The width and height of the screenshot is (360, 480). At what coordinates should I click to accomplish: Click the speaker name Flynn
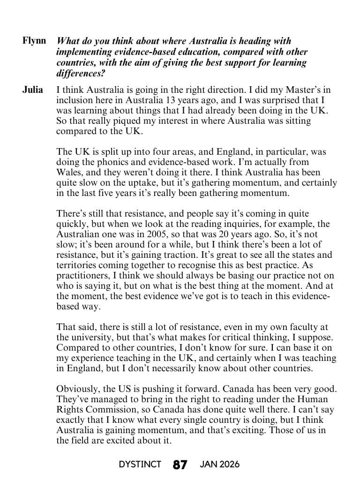pyautogui.click(x=34, y=40)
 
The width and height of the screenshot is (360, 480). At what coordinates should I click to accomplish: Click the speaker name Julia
pyautogui.click(x=33, y=89)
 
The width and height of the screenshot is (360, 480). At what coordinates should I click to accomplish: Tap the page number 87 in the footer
pyautogui.click(x=180, y=465)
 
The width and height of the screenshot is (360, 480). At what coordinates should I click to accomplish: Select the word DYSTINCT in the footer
pyautogui.click(x=140, y=465)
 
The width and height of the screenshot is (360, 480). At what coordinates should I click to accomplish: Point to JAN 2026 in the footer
pyautogui.click(x=219, y=465)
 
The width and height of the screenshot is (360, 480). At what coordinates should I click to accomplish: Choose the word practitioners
pyautogui.click(x=82, y=276)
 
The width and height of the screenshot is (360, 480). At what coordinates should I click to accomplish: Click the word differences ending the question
pyautogui.click(x=77, y=73)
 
